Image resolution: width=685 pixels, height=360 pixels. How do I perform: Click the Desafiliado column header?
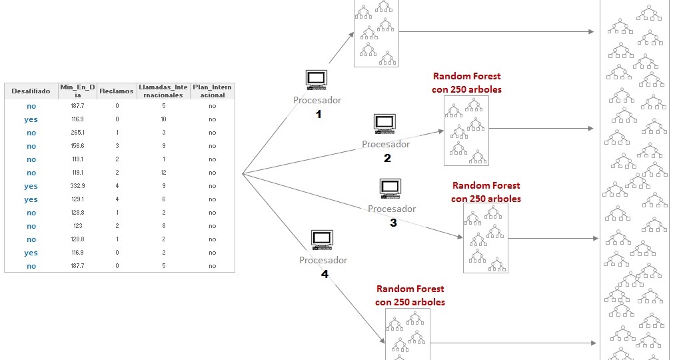[31, 91]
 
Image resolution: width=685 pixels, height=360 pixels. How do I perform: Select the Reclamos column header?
[117, 91]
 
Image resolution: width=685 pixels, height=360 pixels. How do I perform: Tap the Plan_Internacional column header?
[212, 91]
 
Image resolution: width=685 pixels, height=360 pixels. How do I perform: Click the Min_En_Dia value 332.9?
[79, 186]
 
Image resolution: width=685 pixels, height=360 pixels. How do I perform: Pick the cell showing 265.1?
[79, 133]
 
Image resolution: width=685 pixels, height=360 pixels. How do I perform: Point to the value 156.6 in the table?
[79, 146]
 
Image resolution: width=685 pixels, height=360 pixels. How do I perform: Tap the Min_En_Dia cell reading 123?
[79, 226]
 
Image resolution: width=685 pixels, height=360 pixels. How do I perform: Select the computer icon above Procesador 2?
[384, 124]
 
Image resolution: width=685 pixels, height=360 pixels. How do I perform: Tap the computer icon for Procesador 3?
[390, 189]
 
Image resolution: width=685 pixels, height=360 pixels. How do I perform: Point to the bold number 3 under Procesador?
[393, 223]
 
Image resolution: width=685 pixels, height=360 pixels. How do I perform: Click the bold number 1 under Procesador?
[318, 115]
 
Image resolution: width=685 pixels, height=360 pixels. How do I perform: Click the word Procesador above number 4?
[323, 260]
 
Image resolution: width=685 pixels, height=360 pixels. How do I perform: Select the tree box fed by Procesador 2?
[466, 131]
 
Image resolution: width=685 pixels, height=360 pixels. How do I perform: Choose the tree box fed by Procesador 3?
[486, 238]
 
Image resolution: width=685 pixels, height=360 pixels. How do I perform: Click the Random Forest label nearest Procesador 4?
[410, 295]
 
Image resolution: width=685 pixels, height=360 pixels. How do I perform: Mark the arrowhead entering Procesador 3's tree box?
[460, 237]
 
